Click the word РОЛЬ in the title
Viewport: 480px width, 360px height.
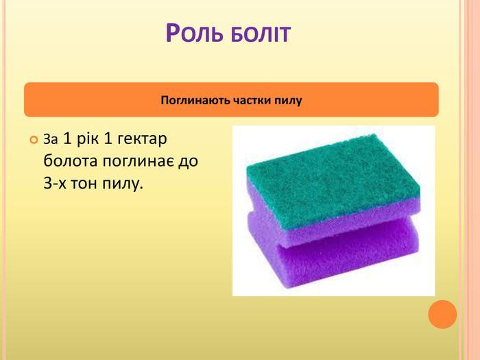coord(194,32)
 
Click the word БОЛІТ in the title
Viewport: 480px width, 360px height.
coord(261,34)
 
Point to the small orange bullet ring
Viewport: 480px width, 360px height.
coord(34,140)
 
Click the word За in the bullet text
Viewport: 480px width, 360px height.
coord(51,139)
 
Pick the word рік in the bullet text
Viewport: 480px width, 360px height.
coord(88,139)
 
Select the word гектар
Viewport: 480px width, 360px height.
coord(142,139)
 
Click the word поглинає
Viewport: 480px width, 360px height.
coord(139,161)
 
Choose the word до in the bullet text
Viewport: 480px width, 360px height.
coord(188,160)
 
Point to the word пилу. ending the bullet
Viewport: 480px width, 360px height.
coord(123,184)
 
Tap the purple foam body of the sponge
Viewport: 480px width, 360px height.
coord(337,254)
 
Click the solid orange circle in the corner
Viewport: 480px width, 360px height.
coord(442,314)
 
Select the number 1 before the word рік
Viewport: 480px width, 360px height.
coord(67,139)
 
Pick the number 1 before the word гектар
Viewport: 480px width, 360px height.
coord(108,139)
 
